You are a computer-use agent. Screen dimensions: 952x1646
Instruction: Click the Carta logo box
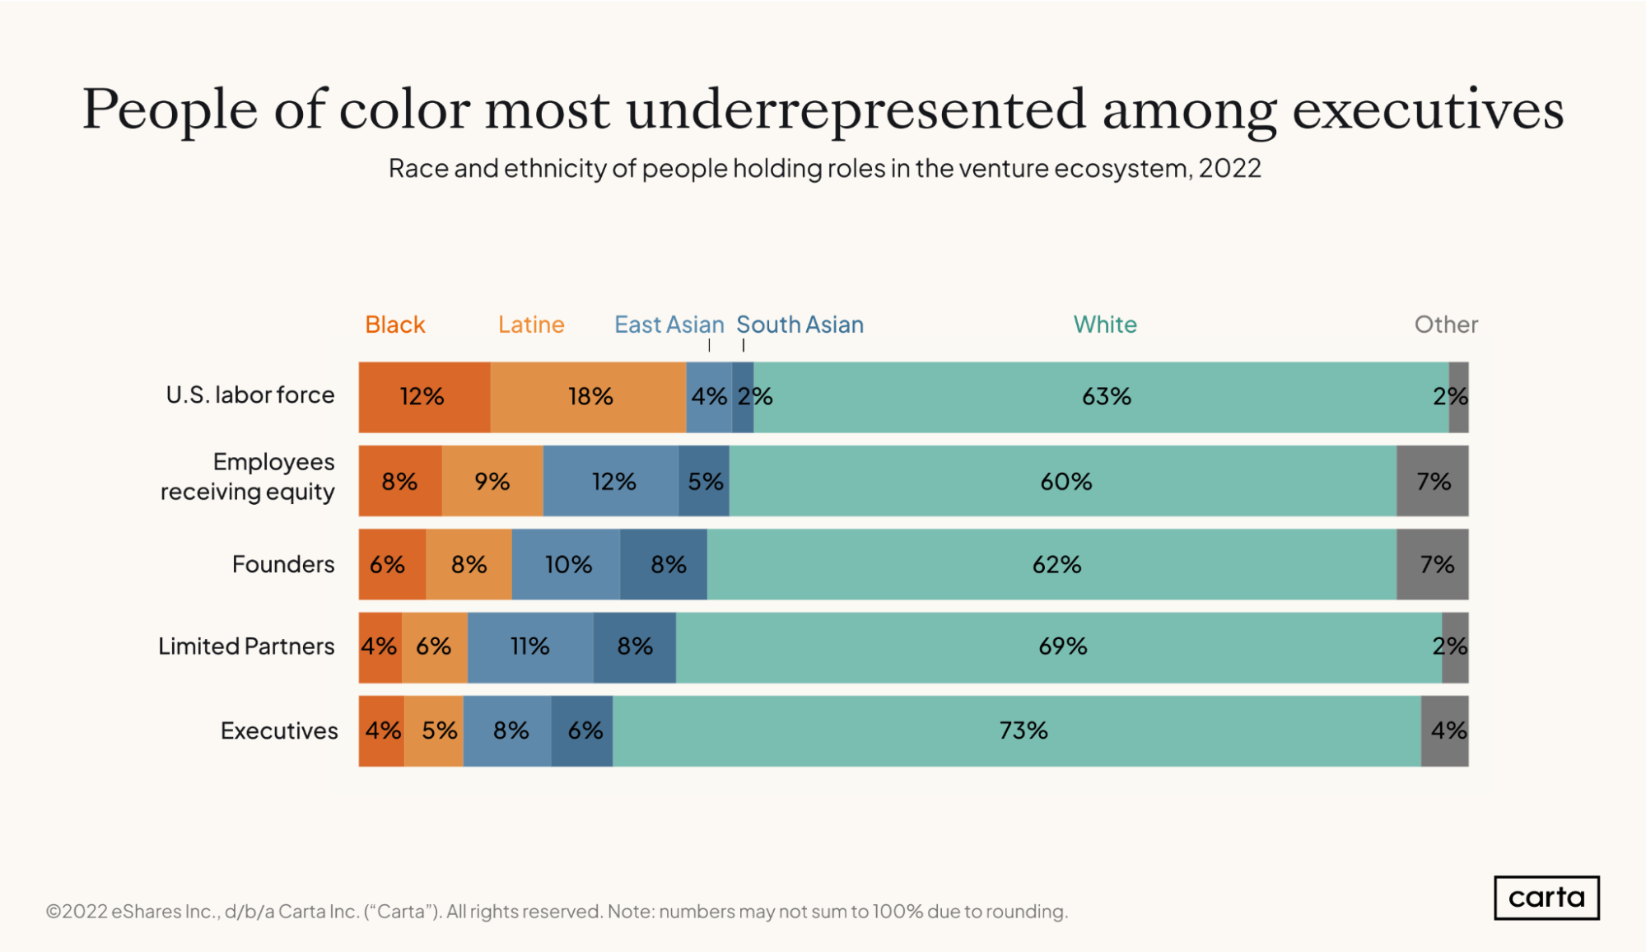tap(1546, 897)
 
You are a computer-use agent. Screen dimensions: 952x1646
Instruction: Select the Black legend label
tap(394, 324)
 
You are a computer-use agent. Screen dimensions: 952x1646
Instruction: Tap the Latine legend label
tap(531, 324)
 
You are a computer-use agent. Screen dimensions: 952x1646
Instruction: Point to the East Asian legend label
tap(669, 324)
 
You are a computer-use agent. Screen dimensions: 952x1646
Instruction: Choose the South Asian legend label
tap(800, 324)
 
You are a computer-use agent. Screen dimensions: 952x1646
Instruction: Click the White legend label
tap(1104, 324)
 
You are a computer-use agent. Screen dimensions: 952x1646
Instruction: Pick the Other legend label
tap(1445, 324)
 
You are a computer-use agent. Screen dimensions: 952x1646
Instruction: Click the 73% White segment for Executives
tap(1023, 730)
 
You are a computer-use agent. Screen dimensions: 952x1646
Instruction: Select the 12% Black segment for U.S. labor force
tap(423, 397)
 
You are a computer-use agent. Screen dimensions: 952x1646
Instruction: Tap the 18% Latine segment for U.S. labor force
tap(589, 397)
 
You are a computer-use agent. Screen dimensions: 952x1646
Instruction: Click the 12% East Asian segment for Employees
tap(612, 481)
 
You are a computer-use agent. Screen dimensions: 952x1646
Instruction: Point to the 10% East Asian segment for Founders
tap(567, 564)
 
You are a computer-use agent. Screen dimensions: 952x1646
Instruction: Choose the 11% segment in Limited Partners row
tap(529, 646)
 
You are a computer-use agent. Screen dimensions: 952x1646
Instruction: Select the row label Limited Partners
tap(246, 646)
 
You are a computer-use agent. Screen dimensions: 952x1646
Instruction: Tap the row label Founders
tap(283, 564)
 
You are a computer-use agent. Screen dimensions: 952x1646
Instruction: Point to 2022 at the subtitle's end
tap(1229, 168)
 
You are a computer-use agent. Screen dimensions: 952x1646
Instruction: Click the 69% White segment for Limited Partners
tap(1062, 646)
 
